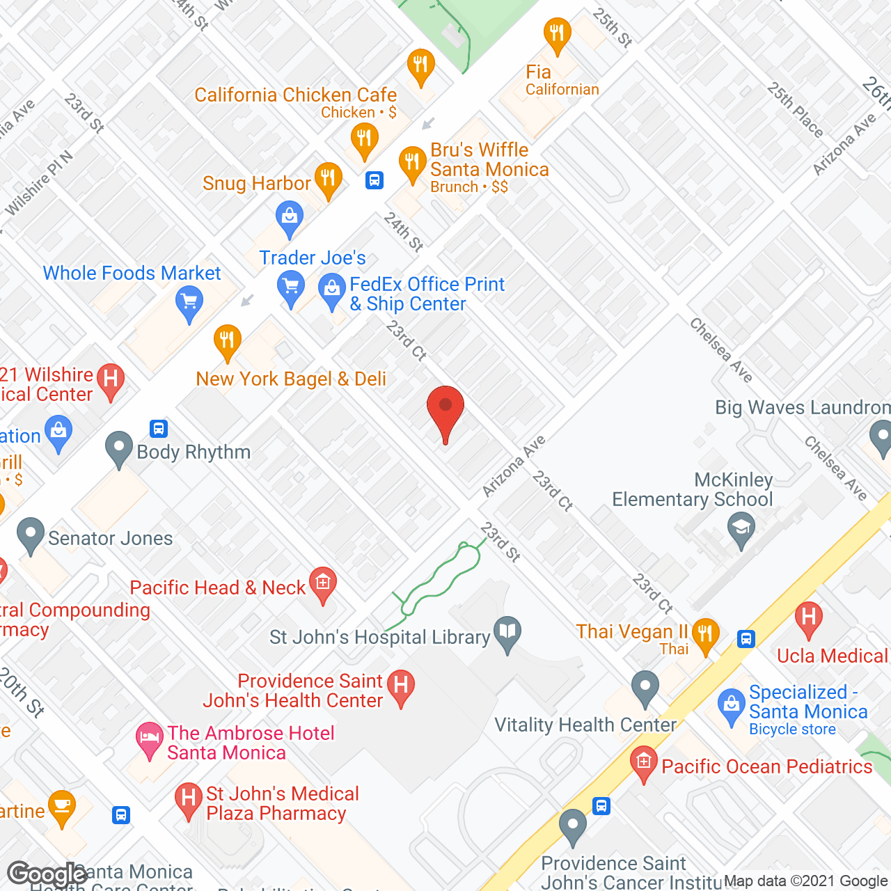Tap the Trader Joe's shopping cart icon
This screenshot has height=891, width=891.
(290, 287)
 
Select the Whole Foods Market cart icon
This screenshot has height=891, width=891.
(189, 303)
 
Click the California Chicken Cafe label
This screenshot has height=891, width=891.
(295, 95)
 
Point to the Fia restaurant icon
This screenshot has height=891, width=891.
(557, 33)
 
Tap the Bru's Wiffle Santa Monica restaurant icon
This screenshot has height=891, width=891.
(412, 163)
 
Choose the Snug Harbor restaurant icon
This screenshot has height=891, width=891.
(328, 179)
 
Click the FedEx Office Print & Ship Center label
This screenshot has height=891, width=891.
(427, 294)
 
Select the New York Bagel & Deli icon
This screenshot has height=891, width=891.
(227, 340)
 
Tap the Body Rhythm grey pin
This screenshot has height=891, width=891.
(119, 448)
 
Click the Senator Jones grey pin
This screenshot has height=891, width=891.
(30, 535)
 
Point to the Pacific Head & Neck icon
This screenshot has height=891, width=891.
(322, 583)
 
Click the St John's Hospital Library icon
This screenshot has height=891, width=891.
(507, 632)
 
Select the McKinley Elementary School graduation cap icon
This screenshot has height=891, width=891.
(741, 528)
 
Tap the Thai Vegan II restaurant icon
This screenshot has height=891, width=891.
(704, 633)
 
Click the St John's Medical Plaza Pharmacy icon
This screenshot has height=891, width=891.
(188, 798)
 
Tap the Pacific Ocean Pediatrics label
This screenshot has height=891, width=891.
(766, 766)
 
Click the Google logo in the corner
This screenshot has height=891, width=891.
(47, 874)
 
